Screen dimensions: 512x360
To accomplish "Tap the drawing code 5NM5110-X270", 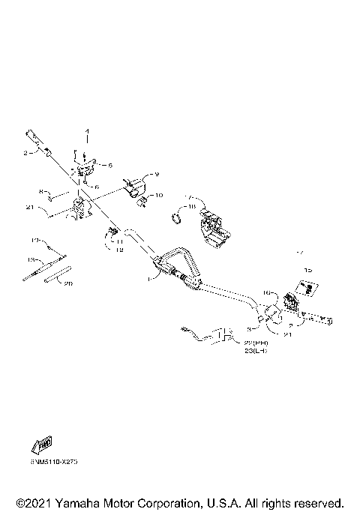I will tap(55, 463).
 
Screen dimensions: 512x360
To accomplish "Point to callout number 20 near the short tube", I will tap(67, 284).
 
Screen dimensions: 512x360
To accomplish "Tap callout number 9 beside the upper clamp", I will tap(157, 175).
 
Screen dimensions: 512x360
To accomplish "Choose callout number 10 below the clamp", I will tap(158, 196).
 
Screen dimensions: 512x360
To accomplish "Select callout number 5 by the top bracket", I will tap(110, 165).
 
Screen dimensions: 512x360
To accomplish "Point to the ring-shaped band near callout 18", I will tap(178, 218).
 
